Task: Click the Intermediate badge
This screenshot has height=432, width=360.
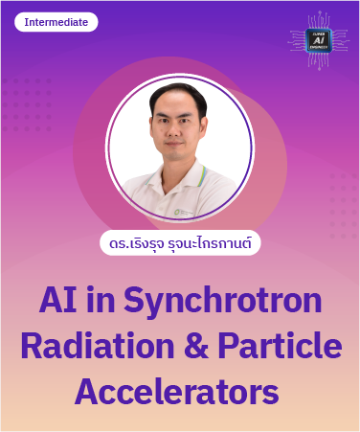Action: [56, 22]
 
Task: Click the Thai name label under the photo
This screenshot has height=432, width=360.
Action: [180, 243]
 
